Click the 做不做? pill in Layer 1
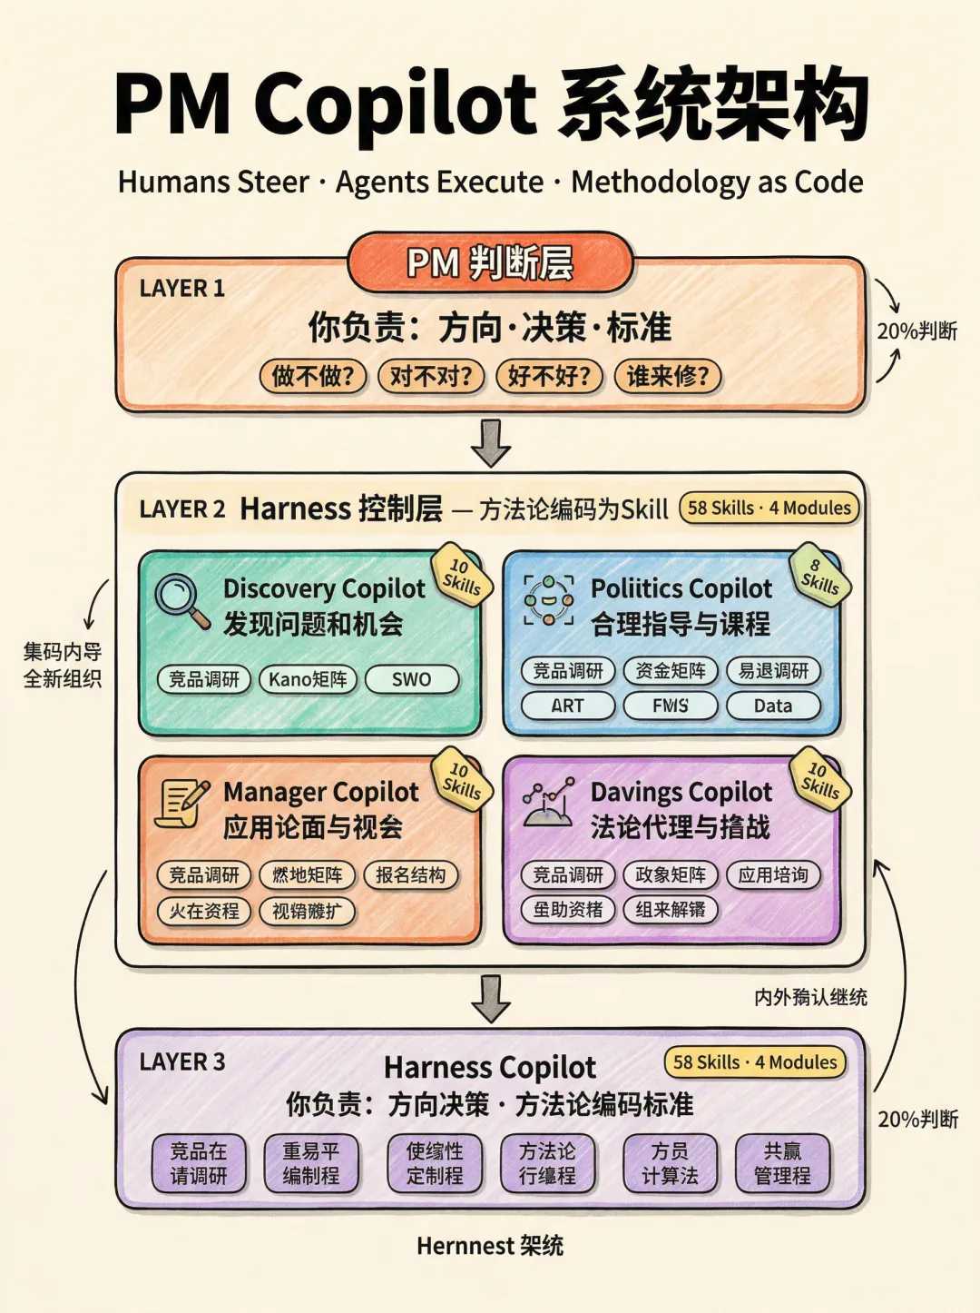click(313, 376)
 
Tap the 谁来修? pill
click(668, 376)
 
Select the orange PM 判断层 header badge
click(490, 263)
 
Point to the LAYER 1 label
click(181, 289)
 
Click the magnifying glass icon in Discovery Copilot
click(181, 600)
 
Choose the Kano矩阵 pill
click(308, 679)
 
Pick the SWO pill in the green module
click(411, 679)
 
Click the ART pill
click(568, 706)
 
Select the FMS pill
click(671, 706)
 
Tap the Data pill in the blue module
click(773, 706)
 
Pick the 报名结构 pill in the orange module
click(410, 875)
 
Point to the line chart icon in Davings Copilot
click(548, 803)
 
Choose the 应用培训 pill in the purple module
click(773, 875)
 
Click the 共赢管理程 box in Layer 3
click(782, 1163)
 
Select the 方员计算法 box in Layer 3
click(670, 1163)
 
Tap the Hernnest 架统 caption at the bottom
click(490, 1246)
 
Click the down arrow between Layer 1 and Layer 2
click(491, 442)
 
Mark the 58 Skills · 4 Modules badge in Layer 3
click(755, 1062)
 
